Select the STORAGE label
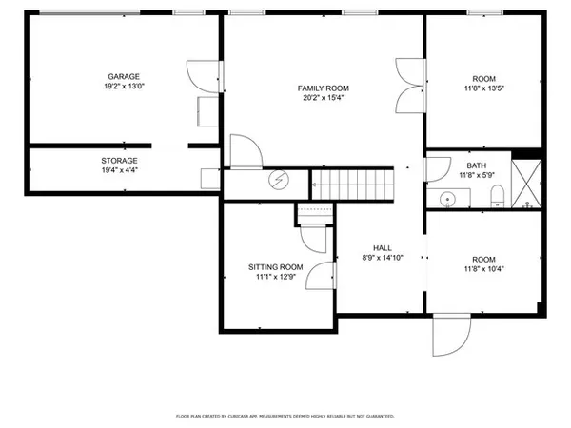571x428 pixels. coord(120,161)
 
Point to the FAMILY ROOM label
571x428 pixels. coord(324,88)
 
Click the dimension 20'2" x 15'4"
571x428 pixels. coord(324,98)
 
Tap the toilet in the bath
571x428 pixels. coord(496,198)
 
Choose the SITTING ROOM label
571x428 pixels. coord(276,267)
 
